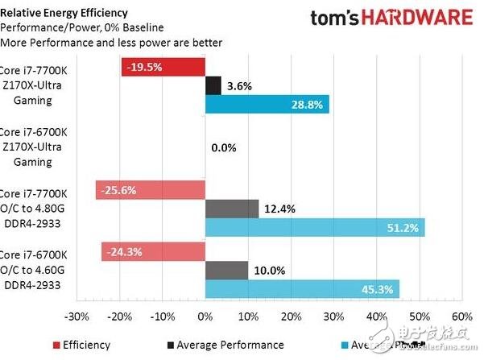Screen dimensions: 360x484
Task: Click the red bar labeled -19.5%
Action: (163, 66)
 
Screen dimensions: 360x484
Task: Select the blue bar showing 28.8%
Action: (267, 105)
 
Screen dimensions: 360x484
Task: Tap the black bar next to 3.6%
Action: (213, 85)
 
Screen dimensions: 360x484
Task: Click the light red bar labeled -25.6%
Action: (151, 190)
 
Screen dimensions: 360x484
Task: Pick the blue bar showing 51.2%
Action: (315, 228)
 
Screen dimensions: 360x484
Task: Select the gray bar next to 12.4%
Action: (232, 209)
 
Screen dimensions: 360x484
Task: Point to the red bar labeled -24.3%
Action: (153, 251)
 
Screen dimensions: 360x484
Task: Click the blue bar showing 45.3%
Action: (302, 289)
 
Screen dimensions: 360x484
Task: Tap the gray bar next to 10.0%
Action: (226, 270)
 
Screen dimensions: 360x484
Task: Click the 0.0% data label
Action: (223, 148)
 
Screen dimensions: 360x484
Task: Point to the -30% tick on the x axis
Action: (77, 316)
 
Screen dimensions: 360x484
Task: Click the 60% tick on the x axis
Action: (462, 316)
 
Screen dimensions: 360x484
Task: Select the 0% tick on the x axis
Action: (205, 316)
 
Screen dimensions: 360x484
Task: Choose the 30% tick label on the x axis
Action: (334, 316)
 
